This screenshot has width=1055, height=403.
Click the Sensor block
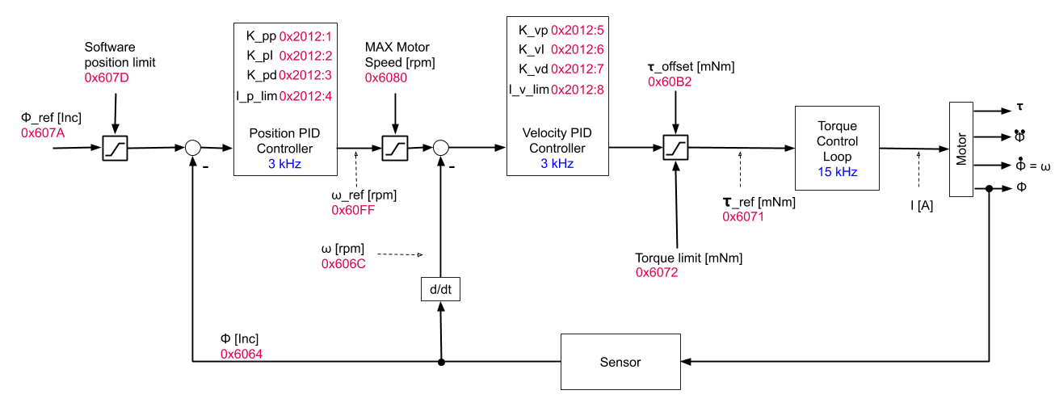[620, 362]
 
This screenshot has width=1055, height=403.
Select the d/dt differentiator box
[440, 288]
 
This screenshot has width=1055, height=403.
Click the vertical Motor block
[961, 149]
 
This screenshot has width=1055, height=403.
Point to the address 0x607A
[43, 132]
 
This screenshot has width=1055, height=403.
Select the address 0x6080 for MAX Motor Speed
[386, 78]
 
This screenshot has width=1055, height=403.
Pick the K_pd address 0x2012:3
[305, 76]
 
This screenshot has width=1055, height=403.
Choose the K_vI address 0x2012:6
[577, 50]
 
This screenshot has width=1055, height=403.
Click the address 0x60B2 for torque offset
[670, 82]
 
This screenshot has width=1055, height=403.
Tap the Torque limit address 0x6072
[658, 273]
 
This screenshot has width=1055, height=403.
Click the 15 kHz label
[837, 172]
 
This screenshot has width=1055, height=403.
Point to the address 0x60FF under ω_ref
[353, 210]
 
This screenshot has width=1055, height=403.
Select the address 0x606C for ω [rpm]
[344, 263]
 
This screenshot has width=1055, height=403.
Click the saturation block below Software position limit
[115, 149]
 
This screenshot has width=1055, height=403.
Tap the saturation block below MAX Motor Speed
[394, 149]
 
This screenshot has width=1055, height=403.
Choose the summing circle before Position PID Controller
[192, 148]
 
